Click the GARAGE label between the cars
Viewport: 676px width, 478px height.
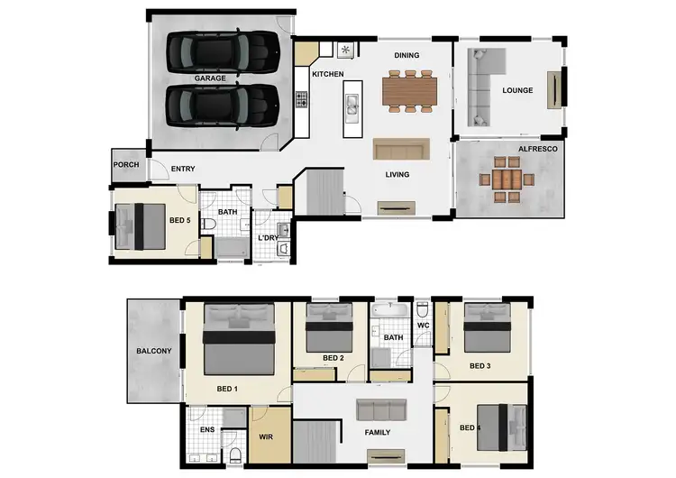coord(210,78)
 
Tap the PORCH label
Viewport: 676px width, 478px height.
coord(126,166)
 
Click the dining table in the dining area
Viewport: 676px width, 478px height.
coord(409,90)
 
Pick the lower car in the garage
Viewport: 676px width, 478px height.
coord(222,106)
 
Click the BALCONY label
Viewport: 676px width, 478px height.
coord(153,351)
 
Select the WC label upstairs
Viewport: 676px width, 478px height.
coord(422,325)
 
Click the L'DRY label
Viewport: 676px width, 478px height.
coord(267,237)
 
